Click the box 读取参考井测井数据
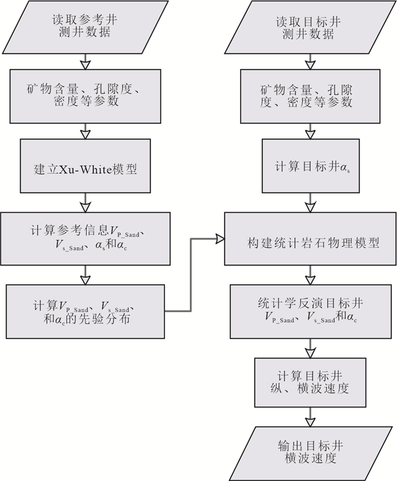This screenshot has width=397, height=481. coord(85,27)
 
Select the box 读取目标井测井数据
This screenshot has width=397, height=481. coord(309,27)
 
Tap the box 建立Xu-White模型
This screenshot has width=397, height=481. coord(85,168)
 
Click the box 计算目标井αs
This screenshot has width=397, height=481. coord(309,168)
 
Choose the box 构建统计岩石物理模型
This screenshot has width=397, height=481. coord(309,239)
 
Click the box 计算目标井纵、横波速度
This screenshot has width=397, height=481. coord(309,382)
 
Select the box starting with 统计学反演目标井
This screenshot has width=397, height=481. coord(309,311)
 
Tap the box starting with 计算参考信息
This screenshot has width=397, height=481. coord(85,239)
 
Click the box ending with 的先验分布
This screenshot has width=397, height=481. coord(85,311)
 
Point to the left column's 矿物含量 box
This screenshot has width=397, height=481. coord(85,96)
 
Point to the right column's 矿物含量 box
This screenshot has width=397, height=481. coord(309,96)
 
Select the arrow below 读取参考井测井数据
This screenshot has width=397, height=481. coord(85,61)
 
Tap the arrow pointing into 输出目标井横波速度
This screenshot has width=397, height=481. coord(309,420)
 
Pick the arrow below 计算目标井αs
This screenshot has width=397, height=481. coord(309,203)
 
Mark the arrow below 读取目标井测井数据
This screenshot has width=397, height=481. coord(309,61)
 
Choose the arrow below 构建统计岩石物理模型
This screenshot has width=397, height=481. coord(309,276)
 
